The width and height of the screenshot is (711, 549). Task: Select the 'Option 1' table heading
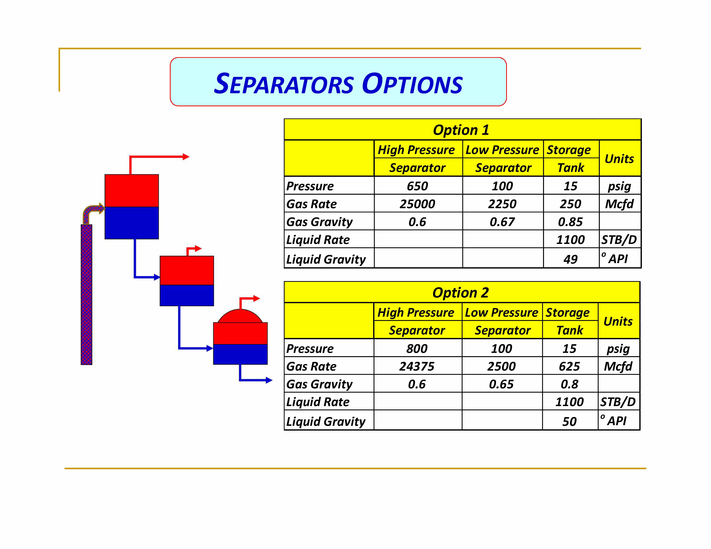click(461, 130)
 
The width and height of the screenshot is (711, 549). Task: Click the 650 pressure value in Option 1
click(417, 186)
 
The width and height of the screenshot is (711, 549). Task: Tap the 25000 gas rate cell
click(417, 204)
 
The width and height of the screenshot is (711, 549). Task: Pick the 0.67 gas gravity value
click(502, 222)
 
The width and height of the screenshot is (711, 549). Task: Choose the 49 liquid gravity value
click(570, 259)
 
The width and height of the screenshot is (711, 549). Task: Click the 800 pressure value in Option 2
click(417, 349)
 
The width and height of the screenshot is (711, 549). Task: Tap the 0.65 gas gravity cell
click(501, 384)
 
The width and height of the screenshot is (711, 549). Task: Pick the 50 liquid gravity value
click(569, 422)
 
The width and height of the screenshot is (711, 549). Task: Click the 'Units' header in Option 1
click(619, 159)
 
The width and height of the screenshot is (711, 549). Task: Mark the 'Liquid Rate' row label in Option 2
click(318, 402)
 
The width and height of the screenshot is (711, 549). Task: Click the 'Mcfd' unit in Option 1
click(619, 204)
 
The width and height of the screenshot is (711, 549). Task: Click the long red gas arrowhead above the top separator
click(186, 157)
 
